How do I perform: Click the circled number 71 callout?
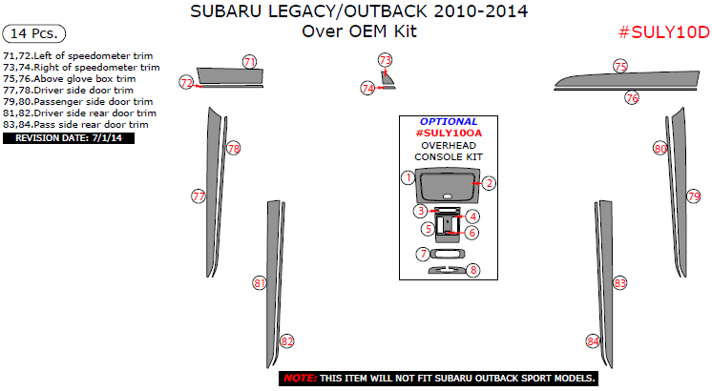(249, 62)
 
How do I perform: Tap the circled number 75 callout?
(620, 66)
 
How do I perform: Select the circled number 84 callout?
(593, 340)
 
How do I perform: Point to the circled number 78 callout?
(234, 149)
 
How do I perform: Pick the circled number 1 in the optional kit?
(408, 177)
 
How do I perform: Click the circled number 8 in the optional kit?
(473, 270)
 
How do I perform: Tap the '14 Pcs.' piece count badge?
(34, 33)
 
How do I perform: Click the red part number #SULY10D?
(664, 32)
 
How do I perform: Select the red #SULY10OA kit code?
(449, 133)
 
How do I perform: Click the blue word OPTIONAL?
(449, 121)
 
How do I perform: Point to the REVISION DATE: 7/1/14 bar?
(69, 138)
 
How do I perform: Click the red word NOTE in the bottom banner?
(300, 379)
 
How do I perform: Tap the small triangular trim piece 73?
(387, 78)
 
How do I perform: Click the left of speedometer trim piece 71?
(230, 75)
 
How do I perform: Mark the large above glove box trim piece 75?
(627, 79)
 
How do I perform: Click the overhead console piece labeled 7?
(448, 253)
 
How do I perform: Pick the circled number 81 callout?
(260, 283)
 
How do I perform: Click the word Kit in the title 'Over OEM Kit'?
(406, 31)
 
